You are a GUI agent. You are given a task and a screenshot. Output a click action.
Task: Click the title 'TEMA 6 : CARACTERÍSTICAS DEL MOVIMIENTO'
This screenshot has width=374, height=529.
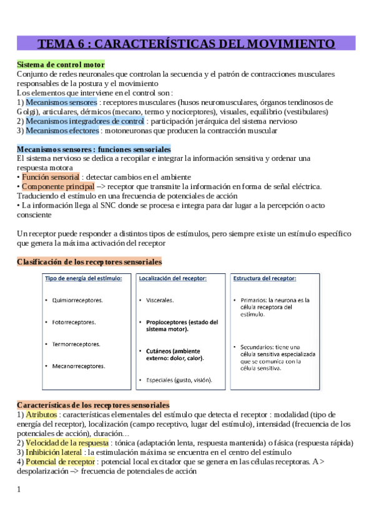pyautogui.click(x=186, y=44)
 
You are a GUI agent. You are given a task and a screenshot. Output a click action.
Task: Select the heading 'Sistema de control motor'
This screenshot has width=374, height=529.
pyautogui.click(x=61, y=64)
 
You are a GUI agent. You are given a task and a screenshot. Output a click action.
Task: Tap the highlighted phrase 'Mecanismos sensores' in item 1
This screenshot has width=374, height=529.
pyautogui.click(x=62, y=102)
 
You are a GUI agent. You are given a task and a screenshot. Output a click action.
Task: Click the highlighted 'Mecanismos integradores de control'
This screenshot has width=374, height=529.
pyautogui.click(x=85, y=121)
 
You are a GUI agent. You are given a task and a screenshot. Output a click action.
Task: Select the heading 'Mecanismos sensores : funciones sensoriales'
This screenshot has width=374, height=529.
pyautogui.click(x=93, y=149)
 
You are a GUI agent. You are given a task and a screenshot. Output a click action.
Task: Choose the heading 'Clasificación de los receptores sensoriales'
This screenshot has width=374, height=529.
pyautogui.click(x=89, y=261)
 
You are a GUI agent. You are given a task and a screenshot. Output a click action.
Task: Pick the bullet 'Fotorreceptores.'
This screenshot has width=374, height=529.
pyautogui.click(x=74, y=322)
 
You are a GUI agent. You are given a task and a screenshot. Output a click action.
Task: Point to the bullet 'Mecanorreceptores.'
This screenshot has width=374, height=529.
pyautogui.click(x=79, y=366)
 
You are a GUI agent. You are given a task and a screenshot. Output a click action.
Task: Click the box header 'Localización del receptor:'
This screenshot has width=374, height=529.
pyautogui.click(x=172, y=278)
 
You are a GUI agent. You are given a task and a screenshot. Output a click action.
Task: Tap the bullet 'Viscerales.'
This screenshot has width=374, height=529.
pyautogui.click(x=160, y=300)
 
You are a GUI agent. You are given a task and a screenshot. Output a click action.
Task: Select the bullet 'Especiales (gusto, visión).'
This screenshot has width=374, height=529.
pyautogui.click(x=179, y=380)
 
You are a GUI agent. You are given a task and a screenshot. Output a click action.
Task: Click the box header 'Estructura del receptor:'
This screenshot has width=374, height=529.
pyautogui.click(x=265, y=278)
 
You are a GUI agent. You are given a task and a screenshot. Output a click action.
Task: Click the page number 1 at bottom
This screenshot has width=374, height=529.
pyautogui.click(x=19, y=489)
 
